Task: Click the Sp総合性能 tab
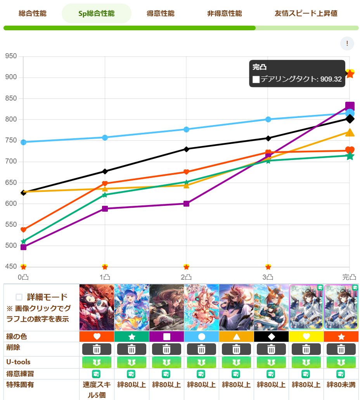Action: pos(96,14)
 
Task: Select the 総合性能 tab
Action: pos(32,14)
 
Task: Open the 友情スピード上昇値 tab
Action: pos(306,14)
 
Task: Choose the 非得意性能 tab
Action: pos(224,14)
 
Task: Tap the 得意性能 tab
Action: pos(161,14)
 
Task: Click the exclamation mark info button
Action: pos(347,43)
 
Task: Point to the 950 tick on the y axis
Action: pos(11,56)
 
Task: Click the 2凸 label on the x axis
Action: pos(186,277)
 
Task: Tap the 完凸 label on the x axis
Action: pos(349,277)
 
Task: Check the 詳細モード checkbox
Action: pos(19,297)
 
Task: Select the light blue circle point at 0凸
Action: pos(23,142)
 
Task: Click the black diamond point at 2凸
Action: pos(186,149)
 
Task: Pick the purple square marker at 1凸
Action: pos(105,209)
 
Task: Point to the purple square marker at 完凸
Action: pos(350,106)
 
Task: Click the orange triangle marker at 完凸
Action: pos(350,133)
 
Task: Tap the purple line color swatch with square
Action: pos(166,336)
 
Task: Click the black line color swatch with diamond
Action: pos(271,336)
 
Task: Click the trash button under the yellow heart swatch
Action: pos(306,349)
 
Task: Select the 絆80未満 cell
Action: pos(341,385)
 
